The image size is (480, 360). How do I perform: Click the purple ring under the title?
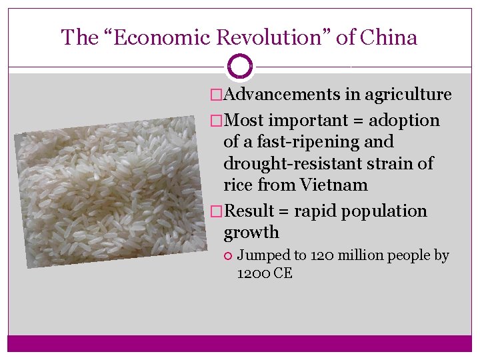click(240, 67)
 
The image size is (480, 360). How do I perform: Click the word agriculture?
click(407, 95)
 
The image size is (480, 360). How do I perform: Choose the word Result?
click(249, 211)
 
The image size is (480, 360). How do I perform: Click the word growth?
click(251, 233)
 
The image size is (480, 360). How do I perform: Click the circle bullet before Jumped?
click(228, 256)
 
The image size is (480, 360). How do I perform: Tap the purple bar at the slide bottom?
click(240, 343)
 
